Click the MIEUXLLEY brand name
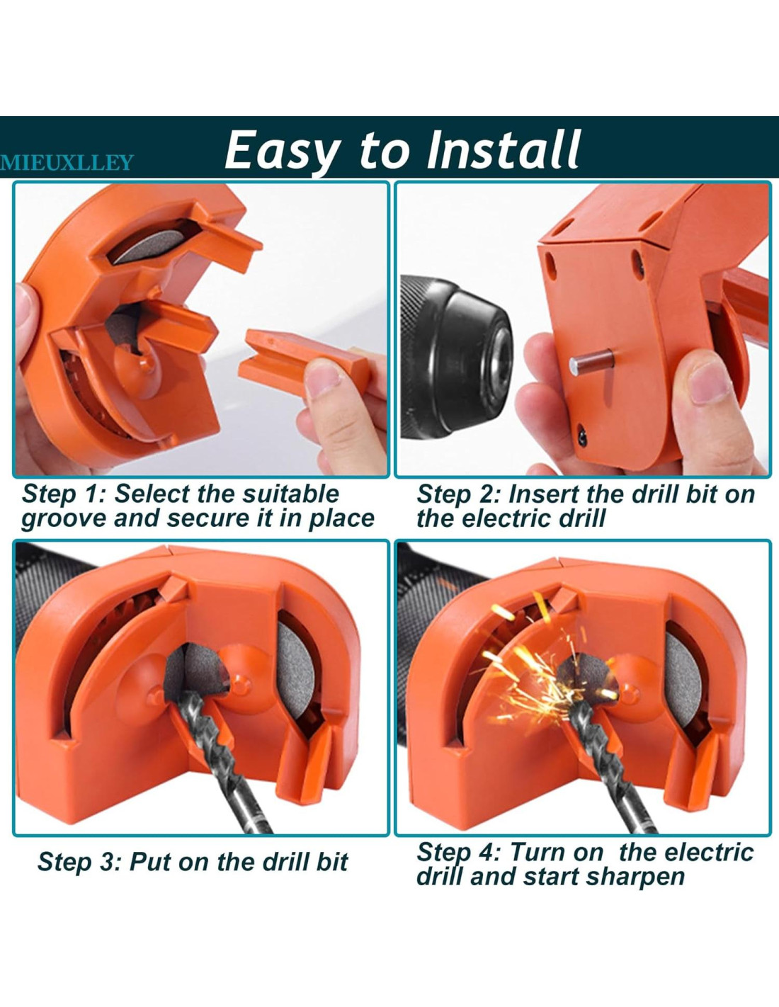click(67, 163)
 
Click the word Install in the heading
click(504, 149)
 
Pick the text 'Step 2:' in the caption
click(458, 494)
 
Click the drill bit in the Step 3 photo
click(218, 760)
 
